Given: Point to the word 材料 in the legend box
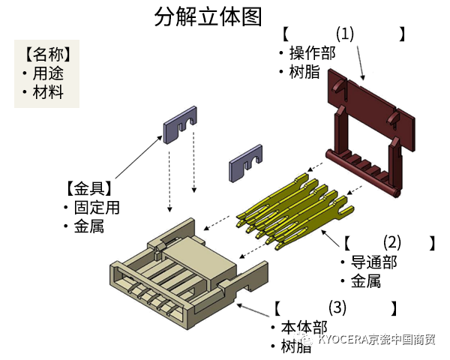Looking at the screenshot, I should tap(47, 92).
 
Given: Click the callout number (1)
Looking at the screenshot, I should tap(344, 34).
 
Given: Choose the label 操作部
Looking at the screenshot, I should tap(312, 53).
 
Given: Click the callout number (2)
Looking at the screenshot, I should tap(392, 242).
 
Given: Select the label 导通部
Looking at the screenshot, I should tap(373, 262).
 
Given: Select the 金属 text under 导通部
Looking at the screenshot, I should tap(365, 281).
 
